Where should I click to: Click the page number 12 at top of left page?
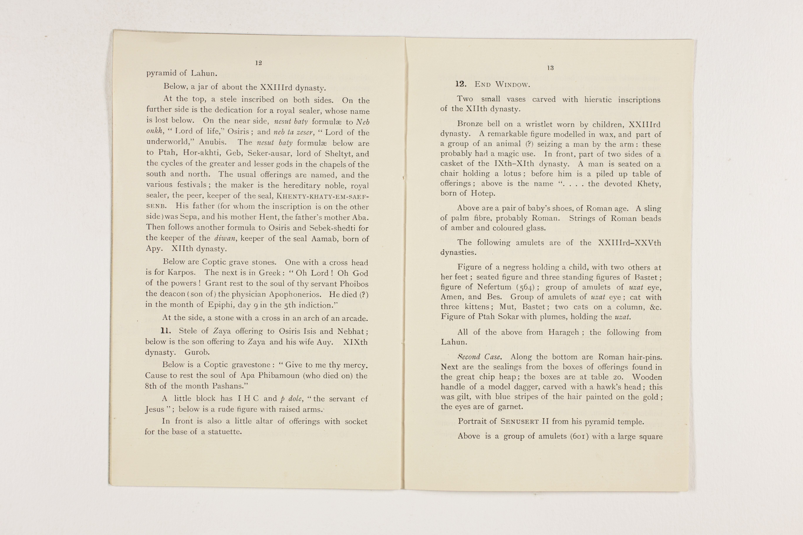click(x=258, y=63)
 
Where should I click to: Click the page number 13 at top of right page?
click(x=550, y=68)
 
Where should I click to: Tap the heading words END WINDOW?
click(x=502, y=85)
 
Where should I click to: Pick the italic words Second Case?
click(x=479, y=357)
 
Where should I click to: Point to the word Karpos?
click(x=181, y=273)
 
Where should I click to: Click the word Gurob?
click(x=197, y=352)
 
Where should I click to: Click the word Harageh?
click(x=563, y=332)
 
